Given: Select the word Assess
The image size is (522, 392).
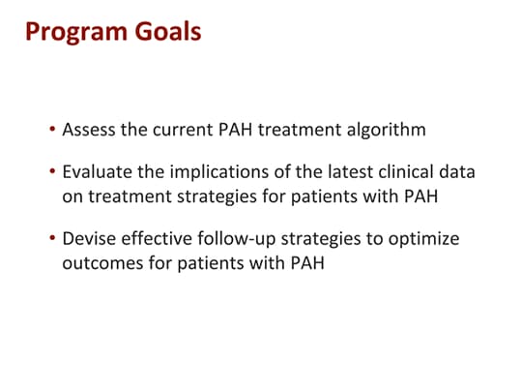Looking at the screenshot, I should click(89, 129).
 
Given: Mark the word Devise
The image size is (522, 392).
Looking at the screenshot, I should click(87, 238).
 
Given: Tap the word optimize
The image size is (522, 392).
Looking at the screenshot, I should click(424, 238).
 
